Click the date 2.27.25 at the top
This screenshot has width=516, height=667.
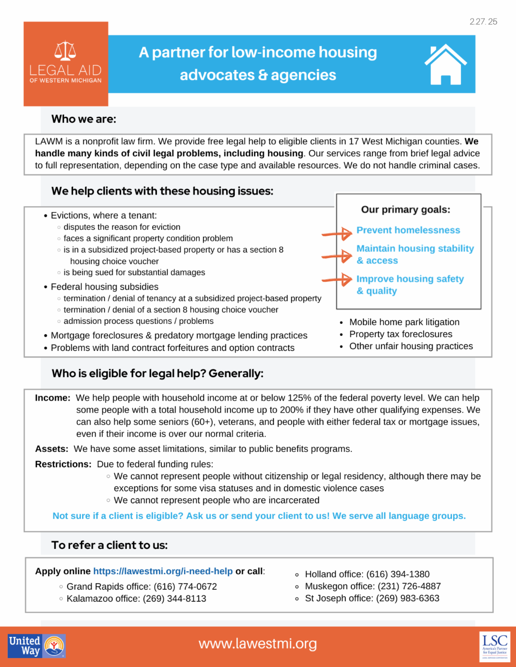(x=483, y=22)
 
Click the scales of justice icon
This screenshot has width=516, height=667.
(x=65, y=51)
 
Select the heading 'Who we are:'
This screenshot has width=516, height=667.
(x=84, y=119)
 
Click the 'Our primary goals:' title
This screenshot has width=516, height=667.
(x=405, y=210)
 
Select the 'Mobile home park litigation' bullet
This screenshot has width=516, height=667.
(x=404, y=322)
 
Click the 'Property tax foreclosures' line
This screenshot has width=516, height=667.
(x=401, y=334)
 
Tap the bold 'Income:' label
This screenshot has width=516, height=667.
(x=52, y=398)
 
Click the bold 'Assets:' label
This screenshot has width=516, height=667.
(x=52, y=449)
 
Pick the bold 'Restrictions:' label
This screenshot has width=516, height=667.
(x=63, y=464)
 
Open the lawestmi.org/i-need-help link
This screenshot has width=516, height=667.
(x=163, y=571)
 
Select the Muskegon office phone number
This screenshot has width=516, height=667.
(x=409, y=586)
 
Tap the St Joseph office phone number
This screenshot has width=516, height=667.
(x=408, y=598)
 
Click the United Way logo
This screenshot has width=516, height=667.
(x=37, y=646)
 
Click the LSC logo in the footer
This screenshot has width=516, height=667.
(x=494, y=646)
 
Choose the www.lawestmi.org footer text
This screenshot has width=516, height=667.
(x=258, y=644)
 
